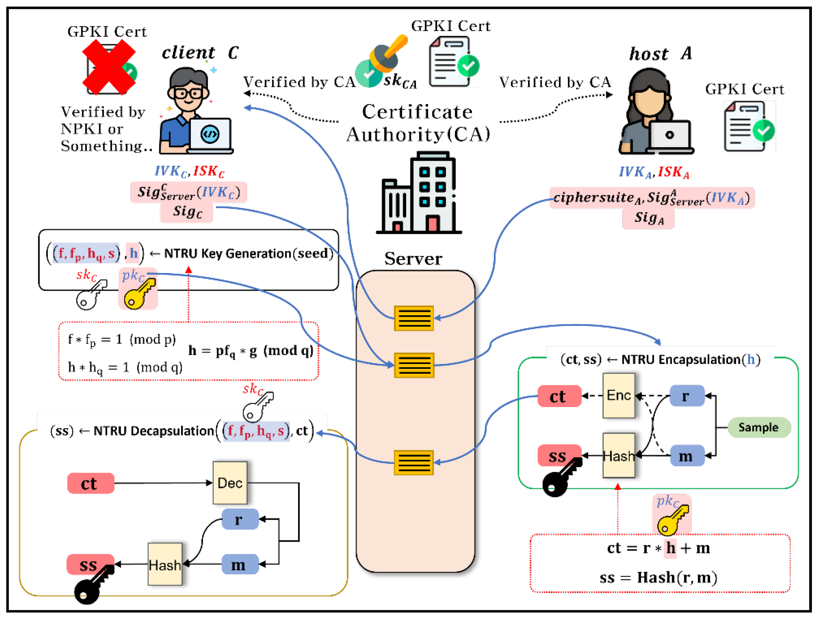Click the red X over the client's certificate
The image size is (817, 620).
coord(109,67)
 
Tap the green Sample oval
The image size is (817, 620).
coord(759,427)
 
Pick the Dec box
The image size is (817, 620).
coord(230,483)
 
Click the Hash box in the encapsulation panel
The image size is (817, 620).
coord(619,456)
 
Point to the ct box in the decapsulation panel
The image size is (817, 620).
coord(91,483)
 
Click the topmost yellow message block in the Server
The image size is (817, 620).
coord(414,318)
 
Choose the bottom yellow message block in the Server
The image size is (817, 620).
coord(414,462)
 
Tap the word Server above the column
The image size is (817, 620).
coord(413,259)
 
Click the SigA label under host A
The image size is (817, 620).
coord(649,218)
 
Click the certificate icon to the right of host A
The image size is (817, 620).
coord(750,127)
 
